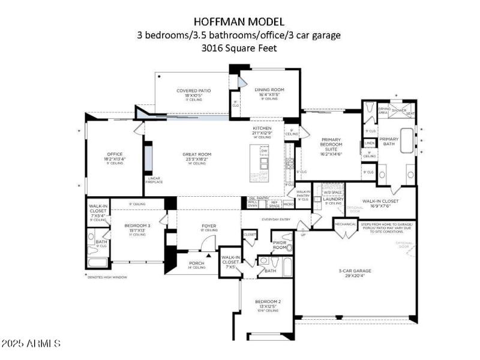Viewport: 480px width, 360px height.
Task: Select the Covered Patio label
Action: pos(193,91)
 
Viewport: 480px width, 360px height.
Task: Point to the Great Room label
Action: pos(197,154)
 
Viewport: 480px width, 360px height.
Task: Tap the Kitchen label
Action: pos(262,128)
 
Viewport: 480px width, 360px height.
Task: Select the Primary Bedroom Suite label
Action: pos(331,145)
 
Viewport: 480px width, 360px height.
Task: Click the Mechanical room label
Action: pos(345,224)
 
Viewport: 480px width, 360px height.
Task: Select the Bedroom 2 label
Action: pos(267,302)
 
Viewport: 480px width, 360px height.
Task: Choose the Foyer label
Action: pos(209,226)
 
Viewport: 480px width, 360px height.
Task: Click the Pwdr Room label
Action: pos(280,245)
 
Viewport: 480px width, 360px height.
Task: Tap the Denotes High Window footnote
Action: pos(107,277)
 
